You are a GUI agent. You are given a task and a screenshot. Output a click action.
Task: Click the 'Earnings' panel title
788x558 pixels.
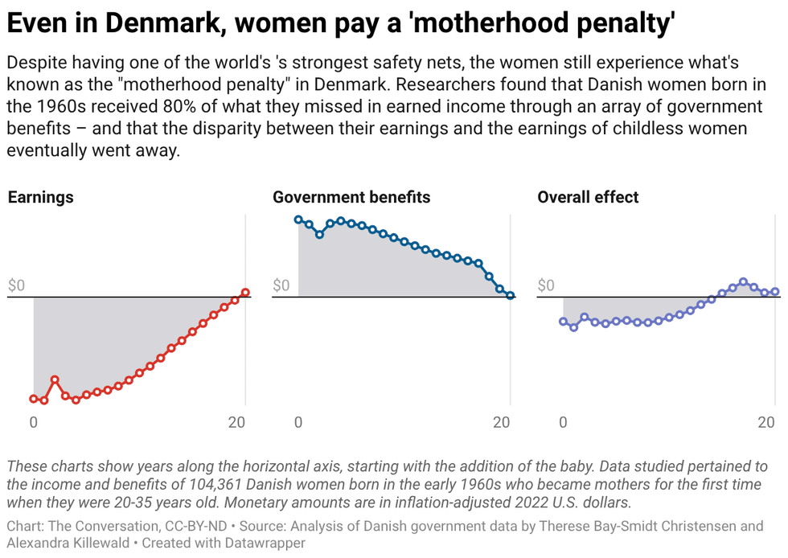40,197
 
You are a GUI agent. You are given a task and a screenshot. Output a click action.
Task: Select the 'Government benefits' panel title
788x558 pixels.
351,197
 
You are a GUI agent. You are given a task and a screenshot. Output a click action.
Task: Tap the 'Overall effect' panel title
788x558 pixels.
588,197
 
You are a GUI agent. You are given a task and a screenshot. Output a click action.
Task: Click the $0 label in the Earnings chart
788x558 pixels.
17,285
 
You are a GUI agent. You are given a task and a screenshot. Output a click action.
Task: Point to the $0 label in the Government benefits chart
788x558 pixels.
281,285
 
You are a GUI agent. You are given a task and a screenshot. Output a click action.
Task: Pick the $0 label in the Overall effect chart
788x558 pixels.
546,285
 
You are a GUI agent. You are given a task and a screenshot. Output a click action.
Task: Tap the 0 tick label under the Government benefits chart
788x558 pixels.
298,422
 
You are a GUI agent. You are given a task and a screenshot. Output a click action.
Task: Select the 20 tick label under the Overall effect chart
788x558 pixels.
767,422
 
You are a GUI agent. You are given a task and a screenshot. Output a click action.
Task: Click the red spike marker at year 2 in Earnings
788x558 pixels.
55,379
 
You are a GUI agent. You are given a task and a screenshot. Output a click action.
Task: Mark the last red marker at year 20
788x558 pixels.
245,293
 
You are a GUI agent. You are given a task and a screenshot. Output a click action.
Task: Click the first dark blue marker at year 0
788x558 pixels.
298,220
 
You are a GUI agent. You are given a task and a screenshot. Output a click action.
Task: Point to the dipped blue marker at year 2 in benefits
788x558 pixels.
319,234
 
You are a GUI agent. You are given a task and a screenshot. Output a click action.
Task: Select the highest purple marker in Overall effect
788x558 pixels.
743,282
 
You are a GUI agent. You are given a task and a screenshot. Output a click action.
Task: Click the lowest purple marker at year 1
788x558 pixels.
573,327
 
